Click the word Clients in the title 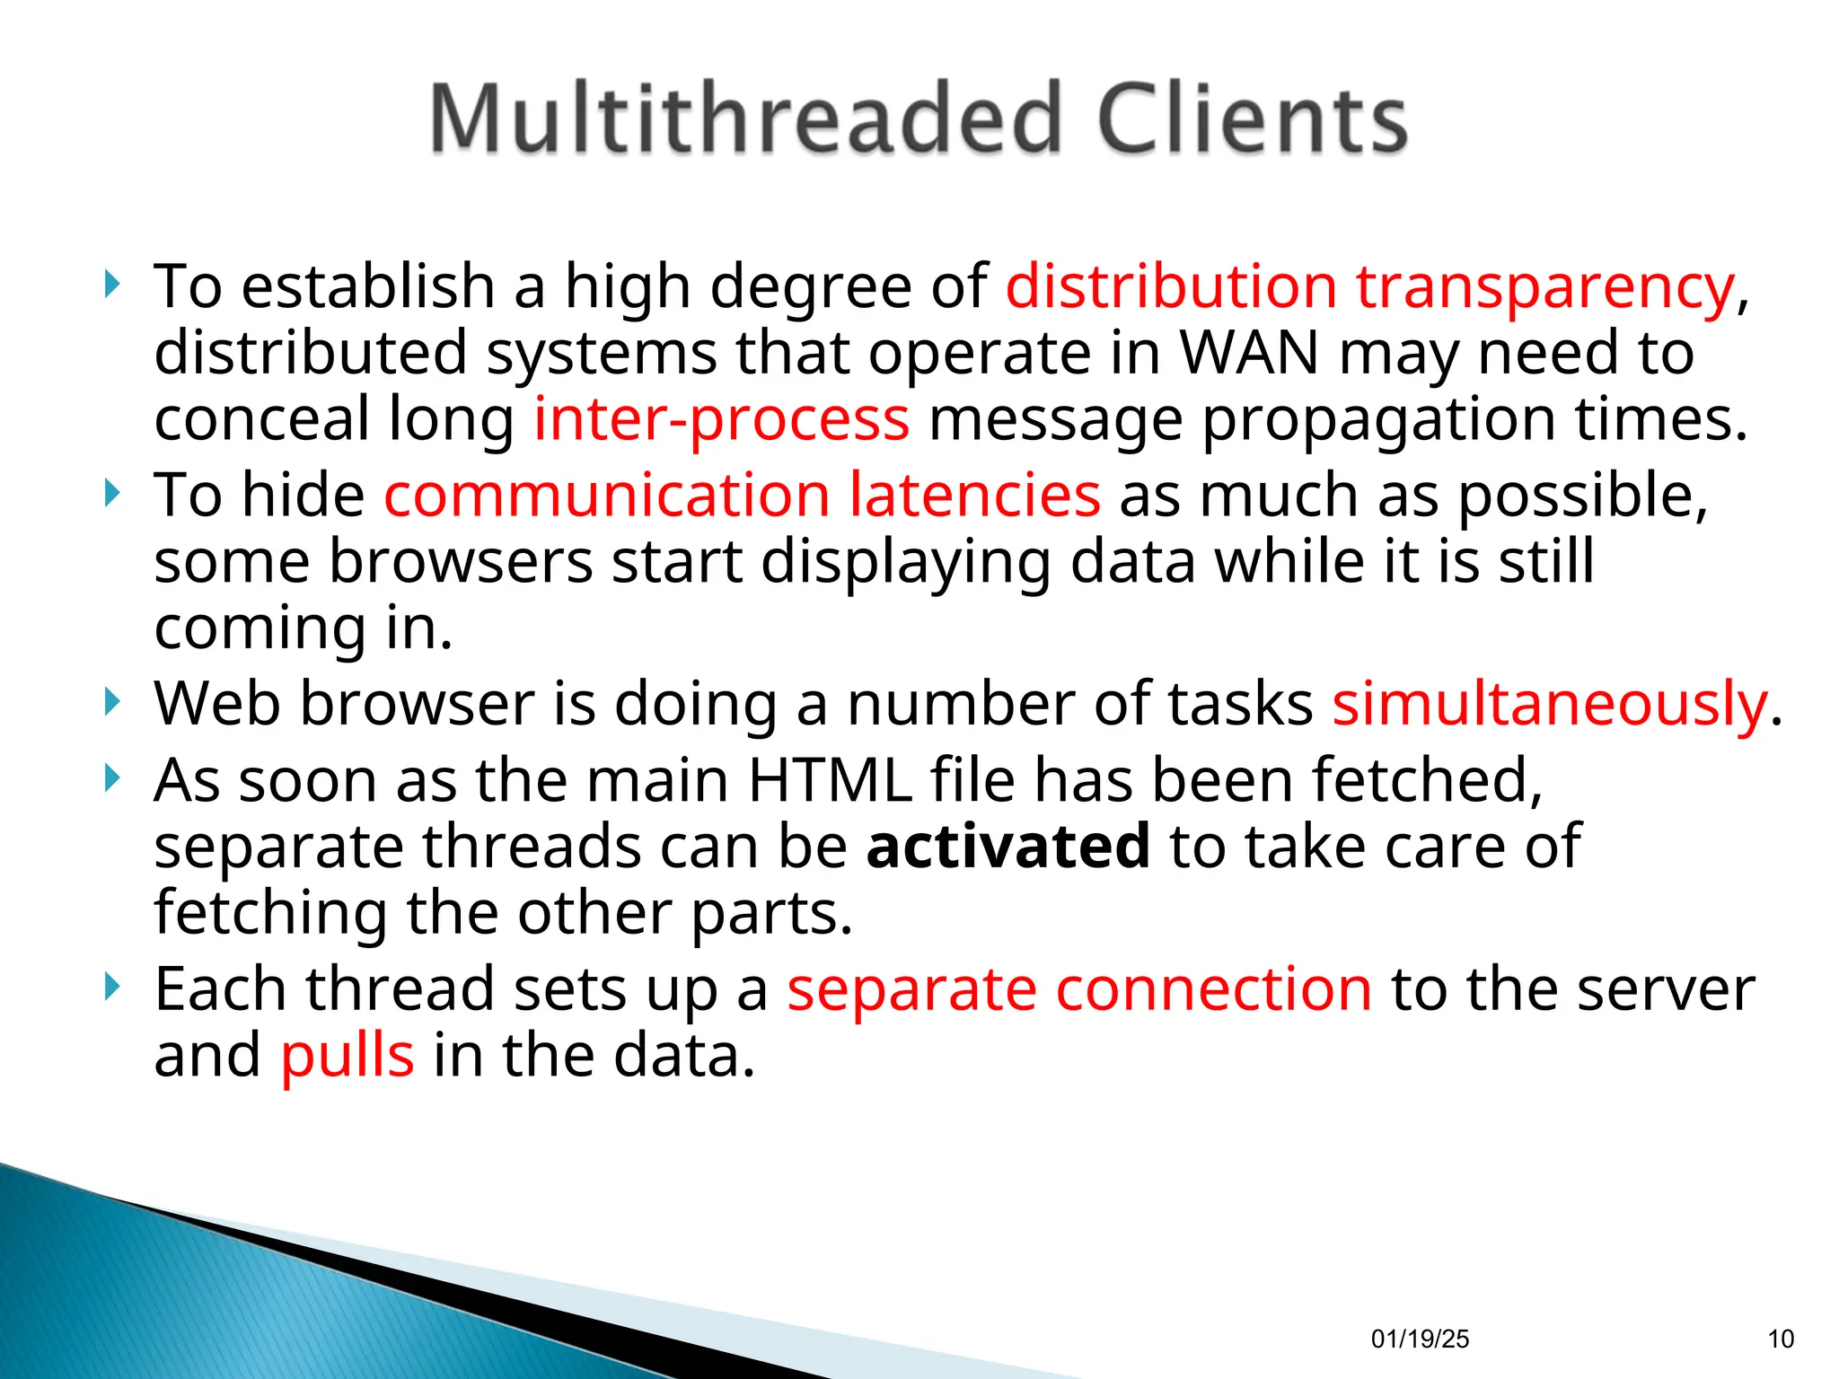coord(1252,119)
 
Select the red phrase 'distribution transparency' coord(1369,287)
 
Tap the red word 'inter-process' coord(721,419)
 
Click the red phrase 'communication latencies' coord(742,495)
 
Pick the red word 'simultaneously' coord(1549,703)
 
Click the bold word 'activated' coord(1007,846)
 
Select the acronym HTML coord(830,779)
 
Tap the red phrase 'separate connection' coord(1079,988)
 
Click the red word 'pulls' coord(348,1055)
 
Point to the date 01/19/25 coord(1420,1339)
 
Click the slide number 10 coord(1781,1339)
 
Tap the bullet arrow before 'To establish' coord(111,285)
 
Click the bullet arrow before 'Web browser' coord(111,702)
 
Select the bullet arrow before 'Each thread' coord(111,988)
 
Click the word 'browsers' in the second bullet coord(461,561)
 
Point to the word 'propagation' coord(1377,419)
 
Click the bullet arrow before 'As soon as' coord(111,778)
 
